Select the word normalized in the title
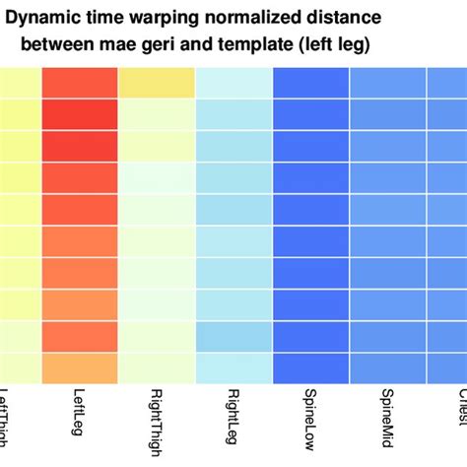[255, 17]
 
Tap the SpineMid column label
[386, 421]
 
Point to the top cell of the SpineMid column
[386, 84]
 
